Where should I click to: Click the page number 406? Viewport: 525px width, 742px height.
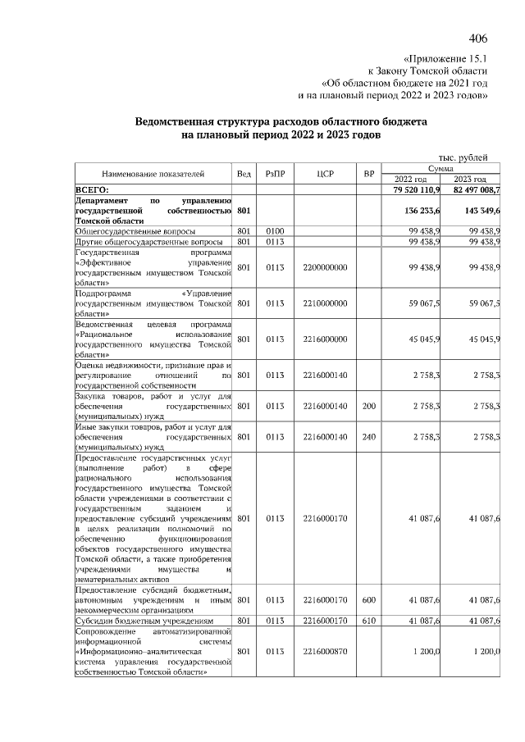pos(478,39)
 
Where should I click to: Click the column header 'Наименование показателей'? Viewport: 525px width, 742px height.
pos(153,174)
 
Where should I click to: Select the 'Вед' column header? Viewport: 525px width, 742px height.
pos(244,174)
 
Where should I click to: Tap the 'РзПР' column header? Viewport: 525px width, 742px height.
pos(274,174)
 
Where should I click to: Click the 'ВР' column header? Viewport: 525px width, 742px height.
pos(369,174)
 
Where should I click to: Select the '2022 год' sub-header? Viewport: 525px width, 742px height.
pos(411,180)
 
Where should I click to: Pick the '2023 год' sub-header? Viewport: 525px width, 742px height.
pos(470,180)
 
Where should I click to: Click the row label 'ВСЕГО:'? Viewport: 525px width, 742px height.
pos(93,189)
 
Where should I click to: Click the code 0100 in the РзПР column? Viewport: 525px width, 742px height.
pos(274,231)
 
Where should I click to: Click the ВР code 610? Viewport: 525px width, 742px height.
pos(369,621)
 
